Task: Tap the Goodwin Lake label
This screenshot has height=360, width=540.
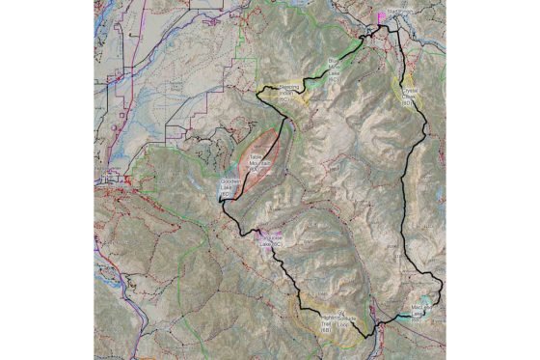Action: click(229, 186)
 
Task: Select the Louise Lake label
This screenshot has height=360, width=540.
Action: click(271, 242)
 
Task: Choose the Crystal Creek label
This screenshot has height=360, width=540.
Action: click(408, 97)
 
